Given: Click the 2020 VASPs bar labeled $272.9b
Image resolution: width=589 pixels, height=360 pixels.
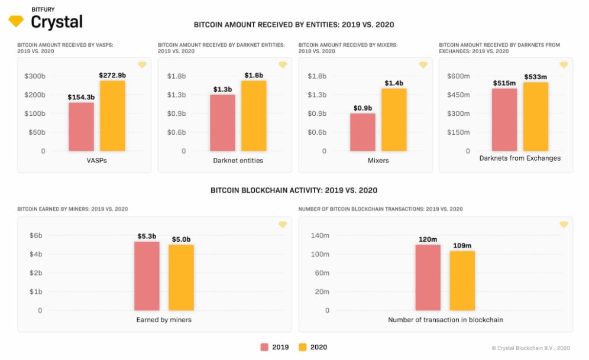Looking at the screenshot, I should (x=112, y=116).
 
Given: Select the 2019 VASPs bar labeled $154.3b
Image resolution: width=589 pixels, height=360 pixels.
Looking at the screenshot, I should (x=81, y=127).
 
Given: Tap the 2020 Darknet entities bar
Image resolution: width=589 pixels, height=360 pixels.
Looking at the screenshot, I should (x=253, y=116).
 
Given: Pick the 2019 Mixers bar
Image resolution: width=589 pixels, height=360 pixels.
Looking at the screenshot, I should (x=363, y=132).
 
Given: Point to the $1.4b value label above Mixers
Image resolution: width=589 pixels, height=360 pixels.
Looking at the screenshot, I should (x=394, y=83).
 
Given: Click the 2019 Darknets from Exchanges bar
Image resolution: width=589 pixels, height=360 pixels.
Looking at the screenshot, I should (x=504, y=120).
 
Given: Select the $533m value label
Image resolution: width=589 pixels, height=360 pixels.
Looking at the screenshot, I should (x=536, y=77).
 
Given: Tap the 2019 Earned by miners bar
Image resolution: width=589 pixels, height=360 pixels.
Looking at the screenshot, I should (x=147, y=276).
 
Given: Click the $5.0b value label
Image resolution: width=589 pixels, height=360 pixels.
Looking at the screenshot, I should (x=181, y=239).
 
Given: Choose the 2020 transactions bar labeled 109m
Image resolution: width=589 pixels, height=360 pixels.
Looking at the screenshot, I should (x=462, y=280).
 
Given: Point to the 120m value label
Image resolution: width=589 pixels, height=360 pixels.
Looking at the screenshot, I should (x=428, y=239).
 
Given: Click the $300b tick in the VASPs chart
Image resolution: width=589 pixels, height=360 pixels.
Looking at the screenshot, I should (x=35, y=76).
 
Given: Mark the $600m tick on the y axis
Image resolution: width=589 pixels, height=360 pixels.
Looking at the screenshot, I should (x=458, y=76).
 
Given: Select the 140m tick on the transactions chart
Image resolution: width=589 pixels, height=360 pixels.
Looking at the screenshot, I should (x=319, y=235).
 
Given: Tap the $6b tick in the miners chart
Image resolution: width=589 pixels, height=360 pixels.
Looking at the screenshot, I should (x=36, y=235).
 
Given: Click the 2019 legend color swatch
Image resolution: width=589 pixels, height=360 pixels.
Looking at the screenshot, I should (x=264, y=347).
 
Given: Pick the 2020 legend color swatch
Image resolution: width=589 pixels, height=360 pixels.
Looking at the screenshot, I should (x=303, y=347).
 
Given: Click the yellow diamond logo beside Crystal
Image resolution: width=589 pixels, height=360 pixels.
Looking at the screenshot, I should (x=16, y=21).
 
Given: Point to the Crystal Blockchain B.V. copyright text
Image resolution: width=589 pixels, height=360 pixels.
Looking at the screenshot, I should (x=530, y=348).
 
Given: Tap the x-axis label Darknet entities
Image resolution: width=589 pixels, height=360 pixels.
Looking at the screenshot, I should (x=238, y=160).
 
